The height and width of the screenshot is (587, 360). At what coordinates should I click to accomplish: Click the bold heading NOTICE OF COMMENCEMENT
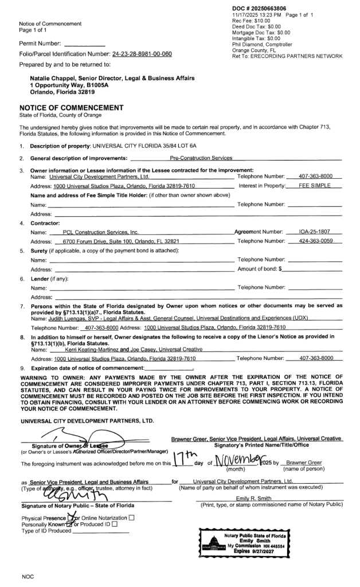pyautogui.click(x=64, y=107)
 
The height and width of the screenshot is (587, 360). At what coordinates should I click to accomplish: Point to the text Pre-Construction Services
pyautogui.click(x=201, y=157)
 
